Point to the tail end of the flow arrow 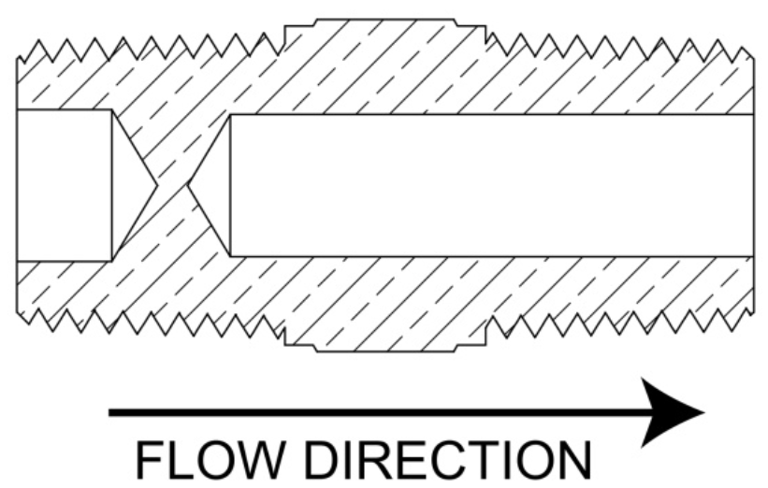112,411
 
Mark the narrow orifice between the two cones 172,184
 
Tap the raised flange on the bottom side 384,340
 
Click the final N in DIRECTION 572,459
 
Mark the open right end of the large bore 751,184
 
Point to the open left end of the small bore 19,184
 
